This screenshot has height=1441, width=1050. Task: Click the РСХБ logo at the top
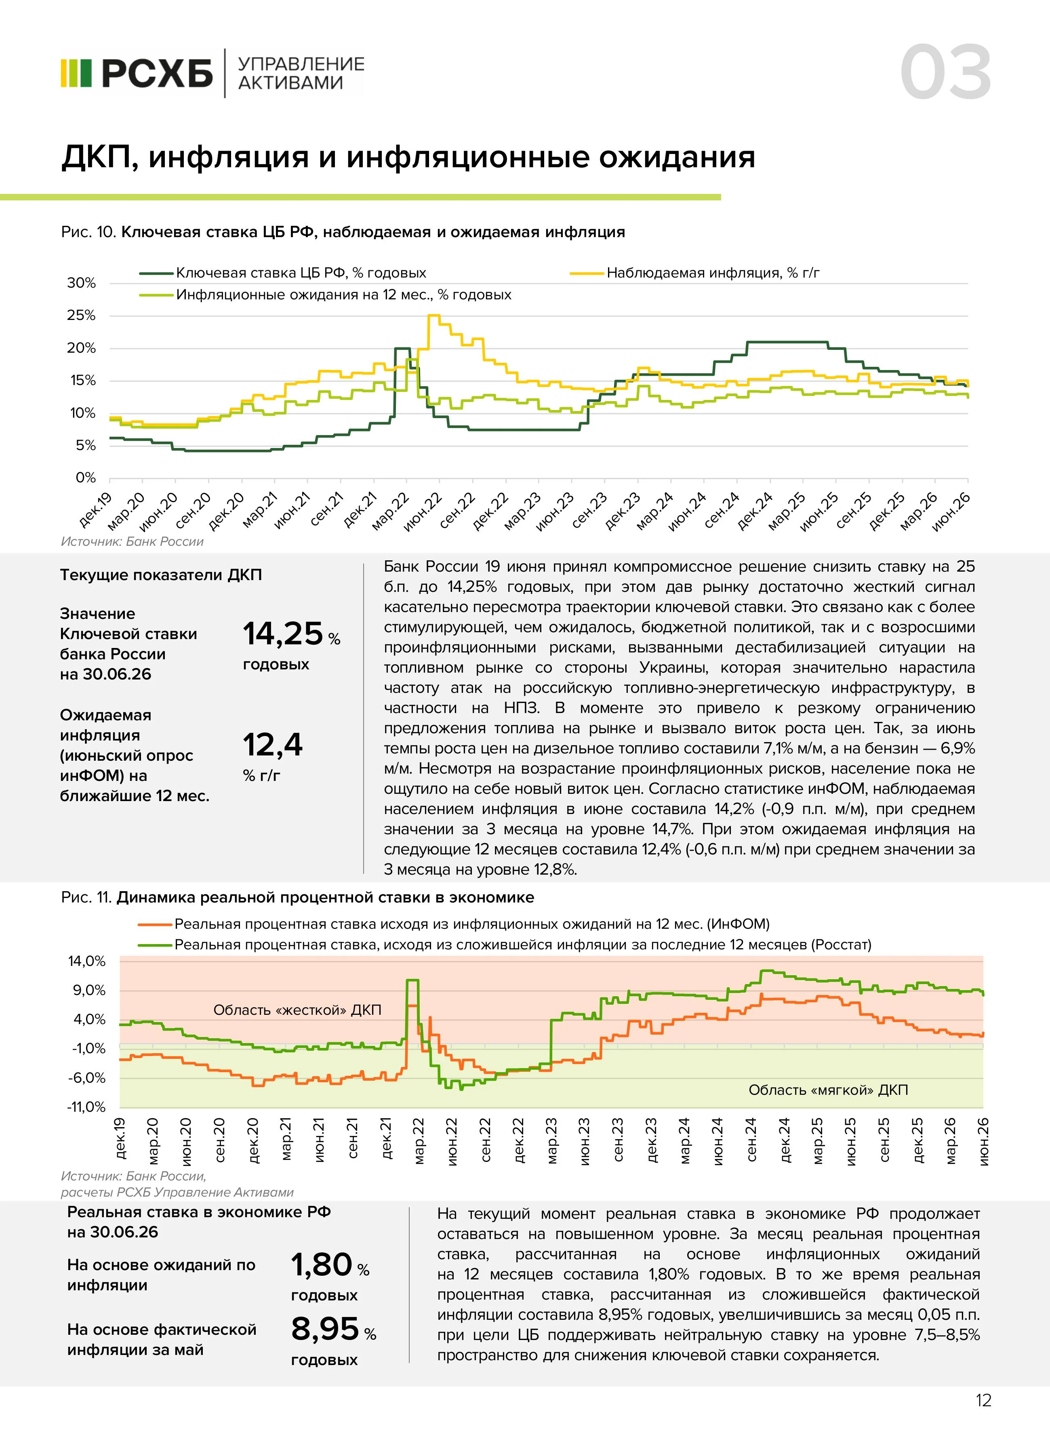click(x=137, y=73)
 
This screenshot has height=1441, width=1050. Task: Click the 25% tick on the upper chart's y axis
click(x=81, y=316)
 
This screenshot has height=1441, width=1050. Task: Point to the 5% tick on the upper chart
click(x=86, y=446)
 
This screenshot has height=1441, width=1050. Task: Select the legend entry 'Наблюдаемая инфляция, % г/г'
click(x=695, y=273)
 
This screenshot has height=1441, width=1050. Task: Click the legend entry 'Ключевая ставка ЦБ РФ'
click(x=283, y=273)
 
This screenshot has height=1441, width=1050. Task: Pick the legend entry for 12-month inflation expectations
click(x=326, y=295)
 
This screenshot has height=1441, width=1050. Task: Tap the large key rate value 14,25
click(x=283, y=634)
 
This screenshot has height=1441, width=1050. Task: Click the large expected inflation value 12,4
click(x=273, y=745)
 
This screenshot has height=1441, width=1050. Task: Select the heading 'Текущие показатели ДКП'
click(x=161, y=575)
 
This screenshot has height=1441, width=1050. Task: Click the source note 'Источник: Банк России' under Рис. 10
click(x=132, y=542)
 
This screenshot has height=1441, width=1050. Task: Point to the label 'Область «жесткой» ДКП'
click(x=297, y=1010)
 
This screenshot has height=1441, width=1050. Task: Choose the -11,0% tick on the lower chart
click(x=86, y=1107)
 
